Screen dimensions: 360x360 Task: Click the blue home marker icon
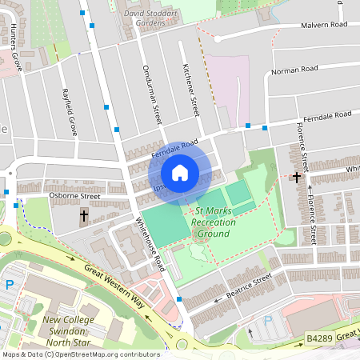[180, 172]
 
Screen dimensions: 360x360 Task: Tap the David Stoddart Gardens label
[146, 18]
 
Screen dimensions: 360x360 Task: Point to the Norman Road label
[296, 70]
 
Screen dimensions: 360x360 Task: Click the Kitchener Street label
[189, 89]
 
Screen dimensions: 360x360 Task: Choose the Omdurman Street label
[146, 87]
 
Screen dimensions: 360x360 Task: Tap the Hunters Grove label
[13, 50]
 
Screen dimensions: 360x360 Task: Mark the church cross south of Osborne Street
[84, 216]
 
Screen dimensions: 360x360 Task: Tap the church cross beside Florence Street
[297, 177]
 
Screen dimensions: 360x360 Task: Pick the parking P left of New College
[10, 285]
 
